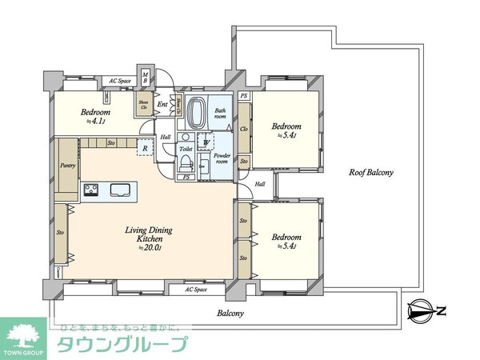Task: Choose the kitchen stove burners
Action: [x=90, y=190]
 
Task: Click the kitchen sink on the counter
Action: [x=122, y=190]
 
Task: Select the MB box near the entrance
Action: [x=146, y=77]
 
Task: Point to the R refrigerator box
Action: [x=146, y=148]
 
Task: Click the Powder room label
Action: [x=221, y=158]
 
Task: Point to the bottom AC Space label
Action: [x=195, y=290]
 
